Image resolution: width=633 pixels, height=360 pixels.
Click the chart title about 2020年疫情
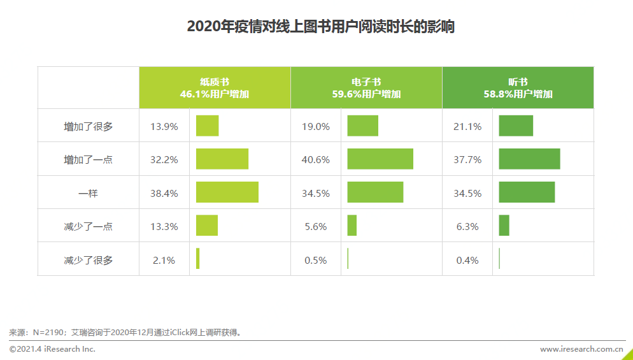[320, 27]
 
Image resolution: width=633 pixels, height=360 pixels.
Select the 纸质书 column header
[215, 88]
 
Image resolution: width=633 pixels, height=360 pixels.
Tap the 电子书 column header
[366, 88]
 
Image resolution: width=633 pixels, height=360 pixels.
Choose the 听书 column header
[518, 88]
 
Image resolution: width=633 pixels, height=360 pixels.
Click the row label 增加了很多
[88, 126]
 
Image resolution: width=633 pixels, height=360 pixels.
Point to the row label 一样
[88, 193]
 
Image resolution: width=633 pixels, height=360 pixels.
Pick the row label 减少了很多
[88, 260]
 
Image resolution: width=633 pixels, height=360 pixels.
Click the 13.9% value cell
[164, 126]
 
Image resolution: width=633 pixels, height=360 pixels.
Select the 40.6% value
[316, 159]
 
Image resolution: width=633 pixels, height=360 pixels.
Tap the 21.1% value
[467, 126]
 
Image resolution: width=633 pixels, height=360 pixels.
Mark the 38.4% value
[164, 193]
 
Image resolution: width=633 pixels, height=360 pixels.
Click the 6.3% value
[467, 226]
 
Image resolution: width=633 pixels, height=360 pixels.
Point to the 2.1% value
[164, 260]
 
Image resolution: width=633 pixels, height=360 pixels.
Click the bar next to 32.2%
[222, 159]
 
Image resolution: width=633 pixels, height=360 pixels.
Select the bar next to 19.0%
[362, 126]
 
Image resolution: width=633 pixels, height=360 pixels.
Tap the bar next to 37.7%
[529, 159]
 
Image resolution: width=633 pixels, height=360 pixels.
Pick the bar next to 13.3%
[207, 225]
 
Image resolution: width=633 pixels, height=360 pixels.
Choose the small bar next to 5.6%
[352, 225]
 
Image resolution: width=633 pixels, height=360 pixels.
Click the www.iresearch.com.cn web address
[581, 349]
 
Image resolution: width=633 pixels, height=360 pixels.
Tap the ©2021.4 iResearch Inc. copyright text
[52, 349]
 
